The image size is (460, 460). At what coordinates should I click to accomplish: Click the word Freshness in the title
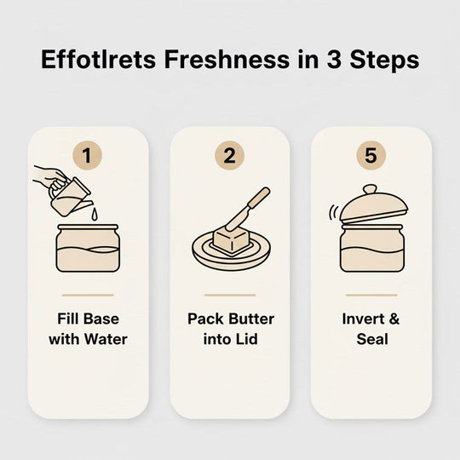pyautogui.click(x=227, y=60)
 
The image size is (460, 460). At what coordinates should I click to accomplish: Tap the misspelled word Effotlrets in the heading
pyautogui.click(x=98, y=60)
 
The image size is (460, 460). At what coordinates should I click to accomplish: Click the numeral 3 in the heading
pyautogui.click(x=334, y=60)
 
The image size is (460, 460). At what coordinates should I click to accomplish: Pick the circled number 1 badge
pyautogui.click(x=87, y=155)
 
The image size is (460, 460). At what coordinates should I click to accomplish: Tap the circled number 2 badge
pyautogui.click(x=229, y=155)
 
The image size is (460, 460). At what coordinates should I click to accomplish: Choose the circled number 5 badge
pyautogui.click(x=371, y=155)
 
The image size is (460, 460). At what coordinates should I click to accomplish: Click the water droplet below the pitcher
pyautogui.click(x=94, y=214)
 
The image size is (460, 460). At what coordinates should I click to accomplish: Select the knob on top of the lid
pyautogui.click(x=370, y=189)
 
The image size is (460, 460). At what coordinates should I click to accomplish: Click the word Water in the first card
pyautogui.click(x=106, y=339)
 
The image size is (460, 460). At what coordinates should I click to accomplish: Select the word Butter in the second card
pyautogui.click(x=251, y=319)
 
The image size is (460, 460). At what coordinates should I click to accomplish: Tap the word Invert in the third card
pyautogui.click(x=363, y=319)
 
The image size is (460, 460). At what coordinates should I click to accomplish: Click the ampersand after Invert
pyautogui.click(x=394, y=319)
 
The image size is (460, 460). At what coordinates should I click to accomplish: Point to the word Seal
pyautogui.click(x=372, y=339)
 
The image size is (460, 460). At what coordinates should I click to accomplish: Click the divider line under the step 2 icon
pyautogui.click(x=230, y=295)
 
